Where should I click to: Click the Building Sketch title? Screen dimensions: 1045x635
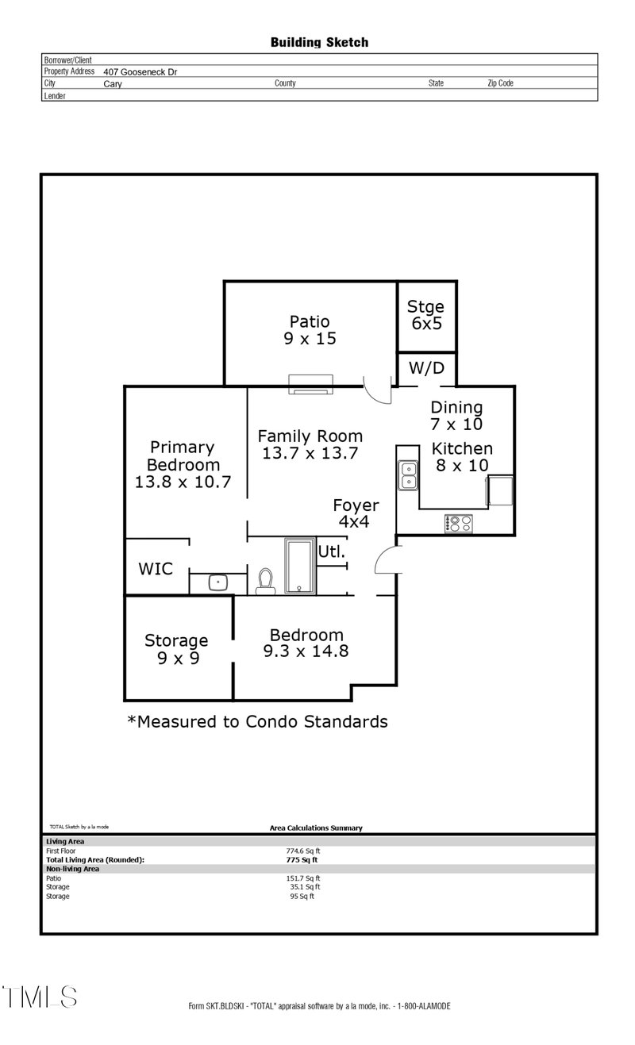tap(319, 42)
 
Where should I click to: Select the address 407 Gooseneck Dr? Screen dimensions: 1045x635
tap(140, 71)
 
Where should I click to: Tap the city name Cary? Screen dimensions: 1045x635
tap(113, 83)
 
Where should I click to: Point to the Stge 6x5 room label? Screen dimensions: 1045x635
tap(425, 315)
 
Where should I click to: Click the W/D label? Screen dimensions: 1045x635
tap(426, 368)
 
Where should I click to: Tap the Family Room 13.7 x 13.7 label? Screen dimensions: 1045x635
tap(310, 444)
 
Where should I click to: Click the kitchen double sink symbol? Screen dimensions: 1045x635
tap(409, 475)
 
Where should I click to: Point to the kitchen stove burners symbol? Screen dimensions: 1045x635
tap(459, 523)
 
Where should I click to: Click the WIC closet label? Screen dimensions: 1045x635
tap(156, 569)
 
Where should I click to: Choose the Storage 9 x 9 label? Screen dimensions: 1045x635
tap(176, 648)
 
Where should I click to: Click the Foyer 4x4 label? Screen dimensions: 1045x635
tap(355, 513)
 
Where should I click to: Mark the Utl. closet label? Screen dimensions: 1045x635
tap(332, 551)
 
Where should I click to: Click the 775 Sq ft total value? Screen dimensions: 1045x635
tap(302, 859)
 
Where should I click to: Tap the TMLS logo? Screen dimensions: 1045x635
tap(40, 997)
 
